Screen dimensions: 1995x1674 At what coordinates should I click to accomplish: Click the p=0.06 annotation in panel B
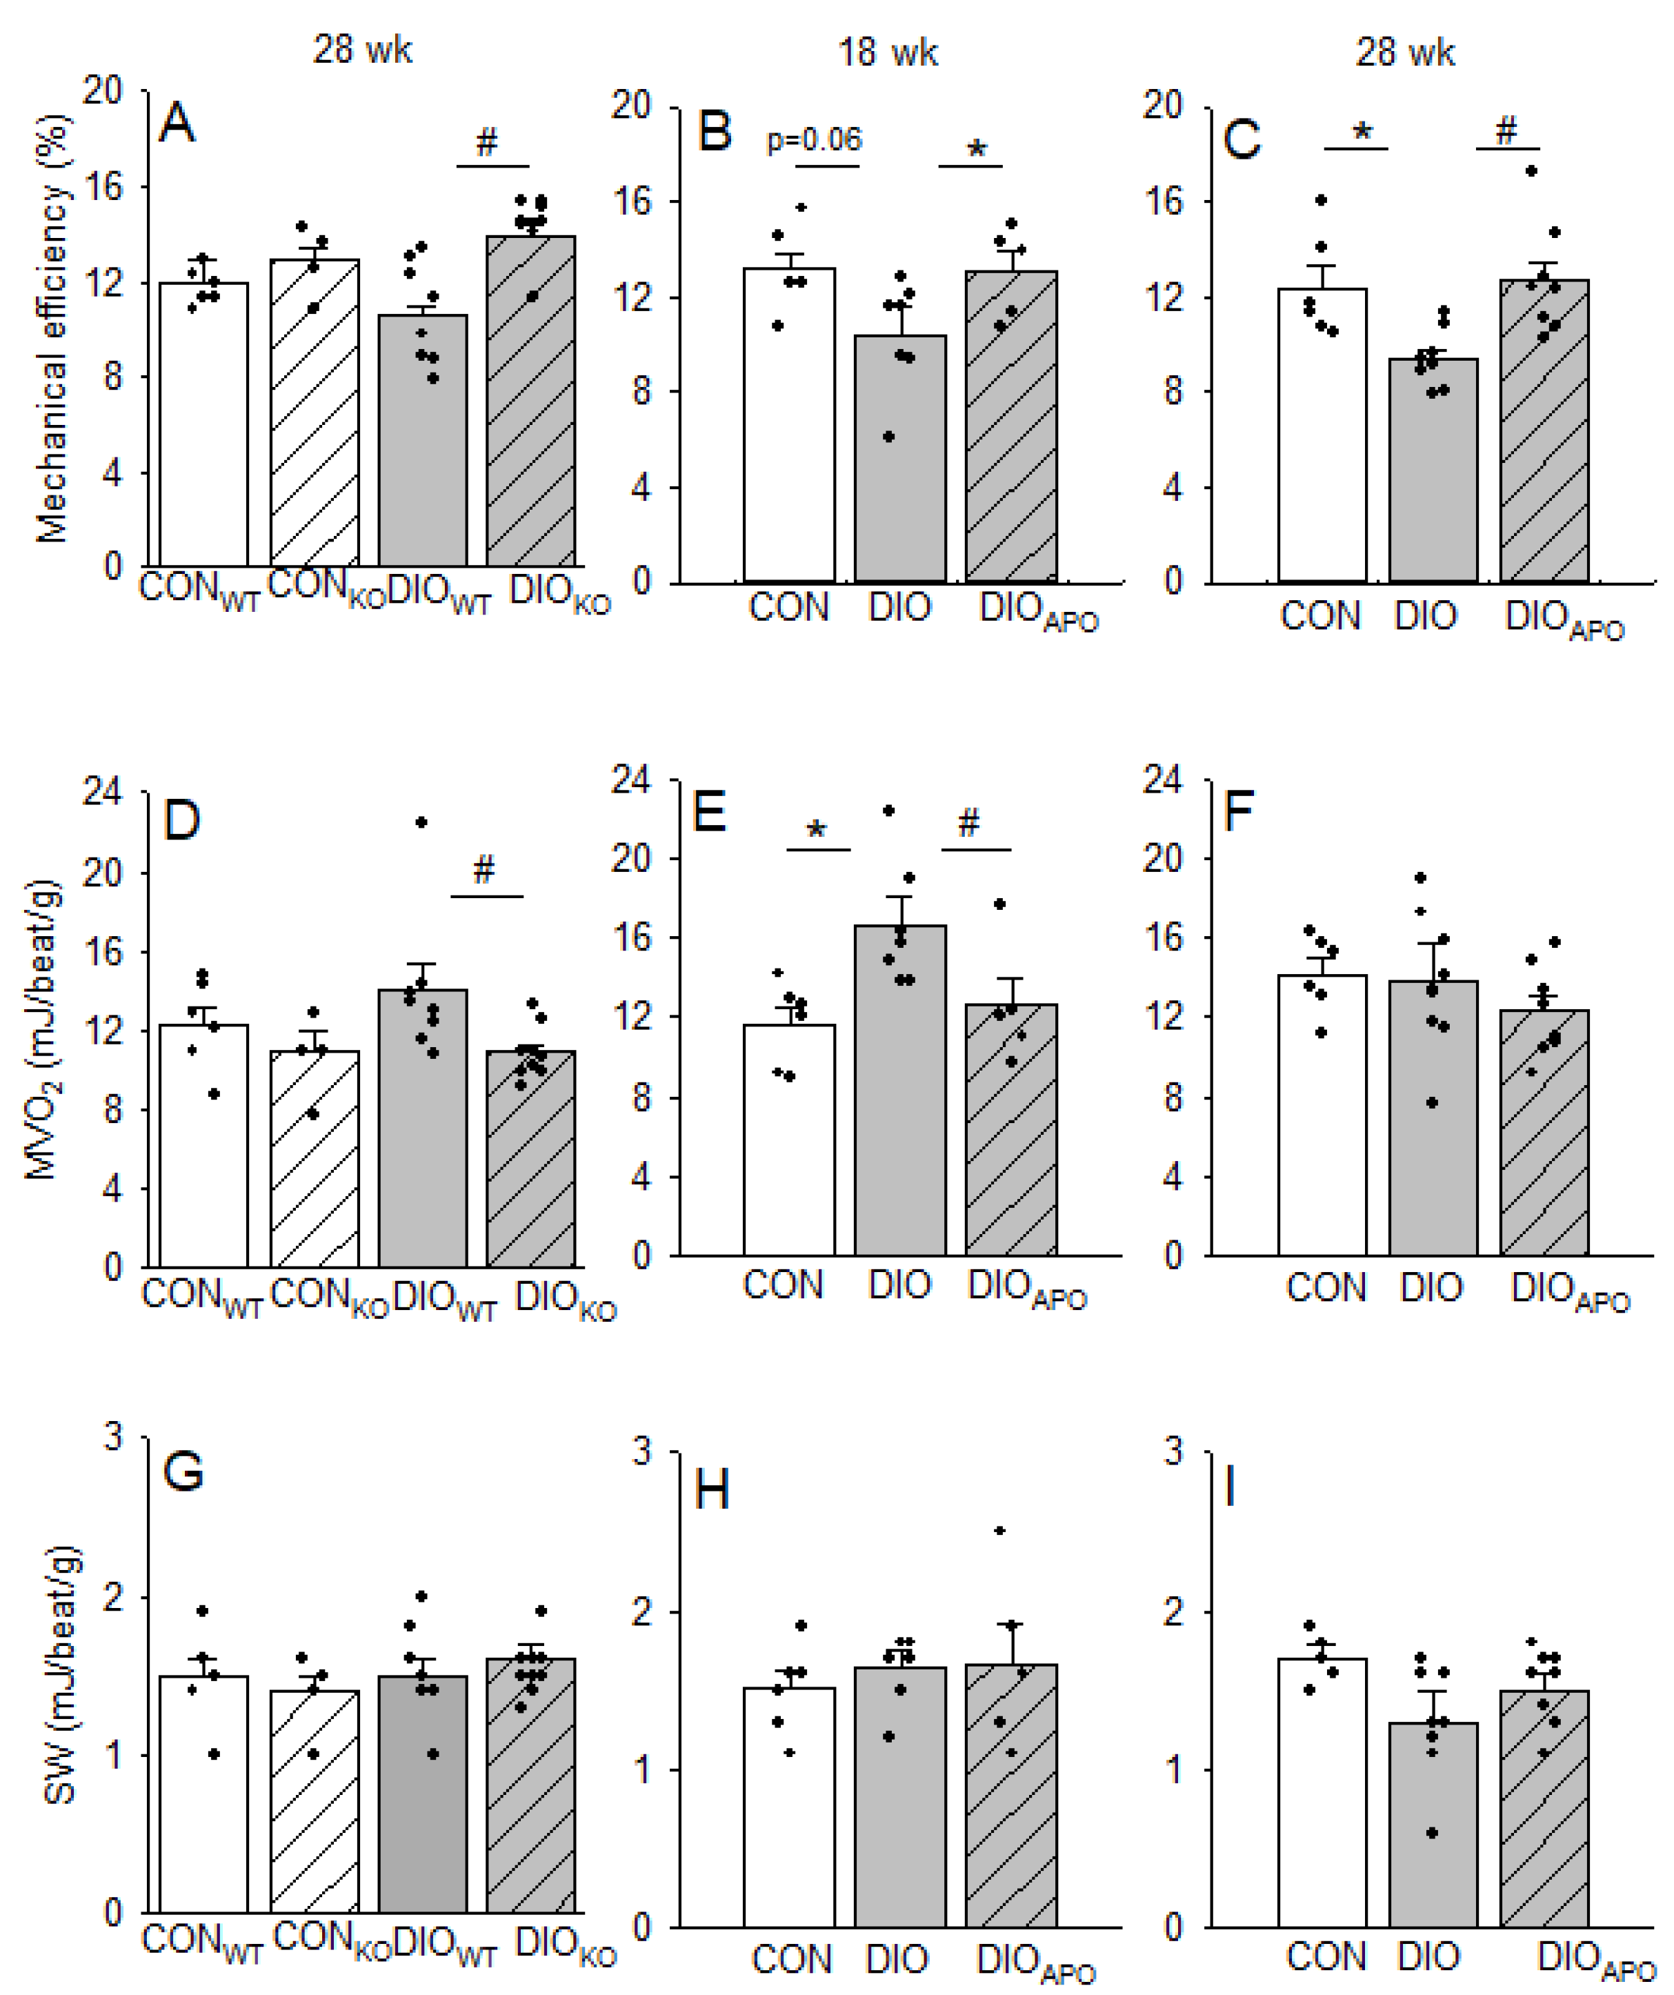click(814, 141)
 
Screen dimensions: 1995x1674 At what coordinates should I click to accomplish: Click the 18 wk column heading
click(888, 52)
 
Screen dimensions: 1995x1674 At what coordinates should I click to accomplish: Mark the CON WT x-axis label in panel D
click(201, 1298)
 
